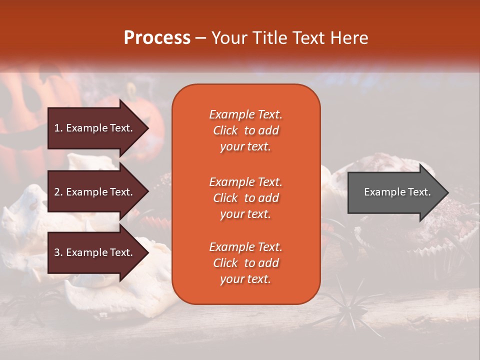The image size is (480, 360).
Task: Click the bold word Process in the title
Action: pos(157,38)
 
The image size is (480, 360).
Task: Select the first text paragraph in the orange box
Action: pos(245,130)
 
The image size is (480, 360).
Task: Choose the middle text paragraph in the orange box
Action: pos(245,198)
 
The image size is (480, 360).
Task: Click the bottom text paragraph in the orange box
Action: pos(245,263)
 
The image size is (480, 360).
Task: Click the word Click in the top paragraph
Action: pos(225,130)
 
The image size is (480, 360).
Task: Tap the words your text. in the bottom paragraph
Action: pos(245,279)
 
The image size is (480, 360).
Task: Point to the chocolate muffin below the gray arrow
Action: pos(440,235)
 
